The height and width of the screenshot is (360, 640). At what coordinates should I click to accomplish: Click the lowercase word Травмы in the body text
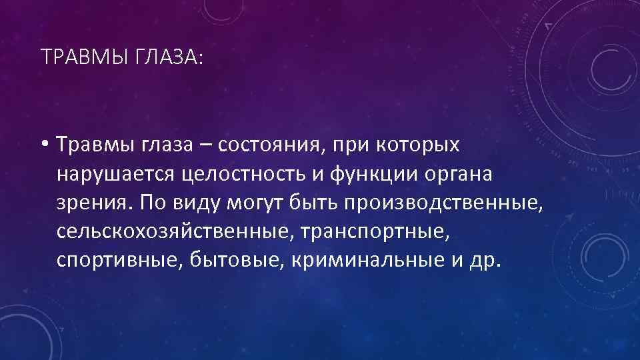point(98,145)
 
